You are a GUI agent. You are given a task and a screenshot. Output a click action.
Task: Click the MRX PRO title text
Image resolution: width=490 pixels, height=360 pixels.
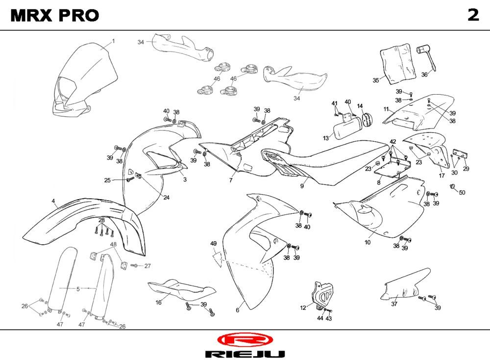tap(54, 16)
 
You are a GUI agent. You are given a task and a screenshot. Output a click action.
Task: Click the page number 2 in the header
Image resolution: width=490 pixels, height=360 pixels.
tap(472, 15)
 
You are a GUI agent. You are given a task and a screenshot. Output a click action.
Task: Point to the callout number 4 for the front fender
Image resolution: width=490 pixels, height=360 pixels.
tap(53, 201)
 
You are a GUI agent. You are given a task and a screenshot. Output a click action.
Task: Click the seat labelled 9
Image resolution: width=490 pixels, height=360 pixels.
tap(314, 162)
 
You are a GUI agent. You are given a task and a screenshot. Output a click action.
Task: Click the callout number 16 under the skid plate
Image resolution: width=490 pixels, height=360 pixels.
tap(158, 303)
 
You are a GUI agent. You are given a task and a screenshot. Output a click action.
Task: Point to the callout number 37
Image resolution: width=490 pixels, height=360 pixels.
tap(394, 304)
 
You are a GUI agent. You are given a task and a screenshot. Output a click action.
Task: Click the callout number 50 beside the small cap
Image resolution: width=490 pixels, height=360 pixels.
tap(462, 192)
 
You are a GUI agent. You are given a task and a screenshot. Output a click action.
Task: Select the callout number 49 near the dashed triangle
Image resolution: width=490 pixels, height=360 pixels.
tap(213, 244)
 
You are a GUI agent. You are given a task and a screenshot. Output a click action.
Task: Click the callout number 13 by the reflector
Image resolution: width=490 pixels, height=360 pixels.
tap(326, 139)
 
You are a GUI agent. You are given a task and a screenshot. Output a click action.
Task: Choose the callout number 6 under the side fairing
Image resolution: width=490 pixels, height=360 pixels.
tap(238, 310)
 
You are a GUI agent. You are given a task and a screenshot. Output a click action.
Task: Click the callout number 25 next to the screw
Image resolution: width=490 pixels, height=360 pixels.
tap(107, 180)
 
